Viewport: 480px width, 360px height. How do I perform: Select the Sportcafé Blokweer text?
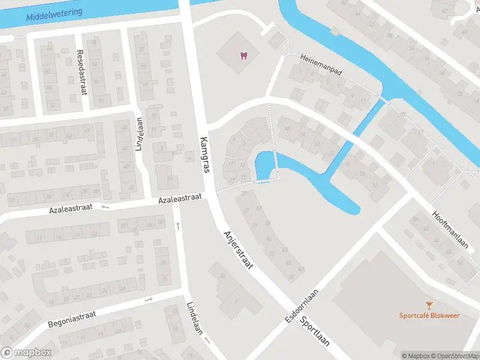point(430,316)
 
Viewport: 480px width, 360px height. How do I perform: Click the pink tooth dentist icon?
point(244,56)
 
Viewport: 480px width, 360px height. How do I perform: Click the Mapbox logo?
point(26,353)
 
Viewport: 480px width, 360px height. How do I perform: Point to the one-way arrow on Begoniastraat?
point(149,299)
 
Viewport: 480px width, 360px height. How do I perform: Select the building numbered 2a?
point(222,275)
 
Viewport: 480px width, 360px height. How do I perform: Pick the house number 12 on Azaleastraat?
point(11,200)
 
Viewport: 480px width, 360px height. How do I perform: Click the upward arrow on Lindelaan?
point(178,226)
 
